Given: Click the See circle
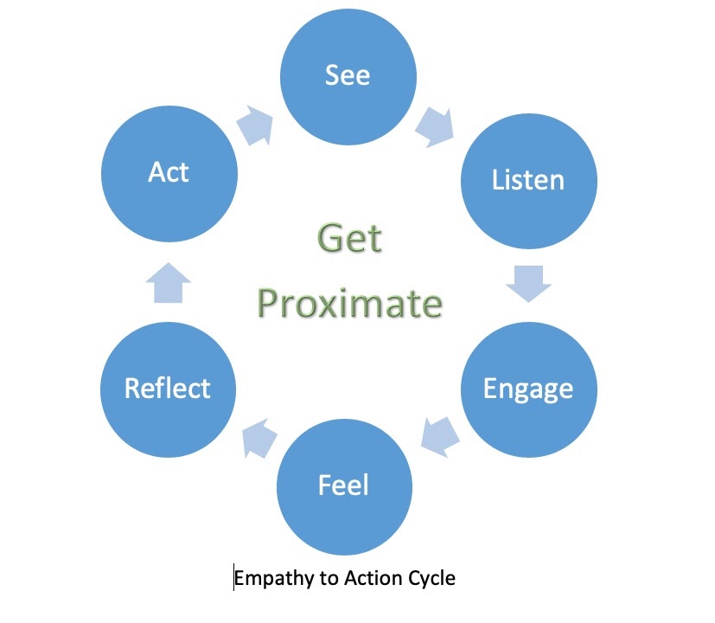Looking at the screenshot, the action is [x=348, y=77].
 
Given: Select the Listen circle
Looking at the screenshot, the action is [x=529, y=181].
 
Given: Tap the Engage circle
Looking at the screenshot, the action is [x=529, y=389].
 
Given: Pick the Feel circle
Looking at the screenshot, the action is [x=345, y=487].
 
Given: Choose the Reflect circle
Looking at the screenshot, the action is [x=169, y=389].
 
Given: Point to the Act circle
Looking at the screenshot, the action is [x=169, y=173].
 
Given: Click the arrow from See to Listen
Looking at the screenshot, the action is [x=436, y=127].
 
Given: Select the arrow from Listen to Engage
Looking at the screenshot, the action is [x=529, y=284].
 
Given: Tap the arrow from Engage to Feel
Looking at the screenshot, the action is [x=439, y=437].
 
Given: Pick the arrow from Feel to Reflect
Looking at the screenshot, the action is [x=259, y=438].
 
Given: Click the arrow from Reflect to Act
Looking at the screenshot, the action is [x=169, y=283].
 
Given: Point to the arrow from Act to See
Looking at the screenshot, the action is [x=255, y=125].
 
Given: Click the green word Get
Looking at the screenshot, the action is [x=350, y=238].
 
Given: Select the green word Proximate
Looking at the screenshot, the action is [x=350, y=304].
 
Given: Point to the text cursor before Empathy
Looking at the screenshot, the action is [x=233, y=577].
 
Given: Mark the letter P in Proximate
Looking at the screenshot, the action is [x=269, y=304].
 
